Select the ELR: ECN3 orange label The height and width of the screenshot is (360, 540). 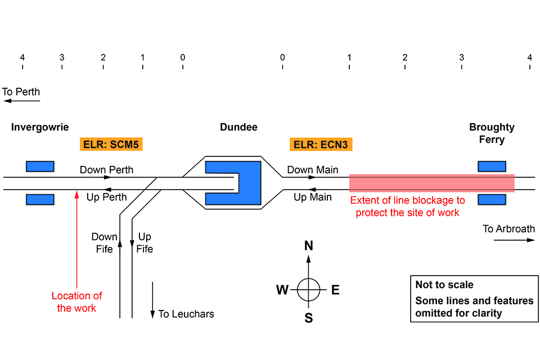[321, 145]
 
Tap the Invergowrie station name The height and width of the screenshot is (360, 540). [40, 127]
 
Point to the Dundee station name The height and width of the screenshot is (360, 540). [238, 127]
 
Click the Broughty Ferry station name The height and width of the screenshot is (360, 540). [492, 133]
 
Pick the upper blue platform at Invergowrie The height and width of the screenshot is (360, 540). [40, 166]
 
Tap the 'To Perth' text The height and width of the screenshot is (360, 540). [21, 92]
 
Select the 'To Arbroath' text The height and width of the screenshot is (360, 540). [508, 229]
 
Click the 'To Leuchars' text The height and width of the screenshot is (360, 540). [186, 314]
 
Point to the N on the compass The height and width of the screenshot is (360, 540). [308, 246]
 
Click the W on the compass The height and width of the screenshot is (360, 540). [282, 290]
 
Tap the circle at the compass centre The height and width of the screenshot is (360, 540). [308, 290]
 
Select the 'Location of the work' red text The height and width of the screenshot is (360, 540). [76, 302]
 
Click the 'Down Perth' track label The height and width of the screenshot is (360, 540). [107, 170]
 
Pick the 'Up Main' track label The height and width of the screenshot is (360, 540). [313, 197]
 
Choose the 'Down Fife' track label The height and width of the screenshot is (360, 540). [105, 243]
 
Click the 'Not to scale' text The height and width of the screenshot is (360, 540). [444, 285]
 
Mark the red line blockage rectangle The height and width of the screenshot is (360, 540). [431, 183]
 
